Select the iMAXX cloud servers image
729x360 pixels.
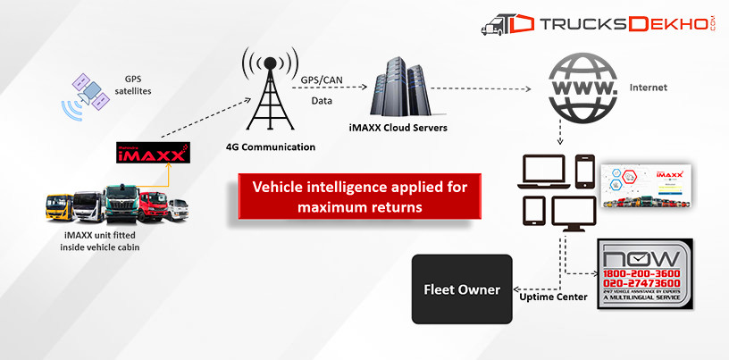(403, 87)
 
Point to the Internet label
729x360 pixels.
(649, 88)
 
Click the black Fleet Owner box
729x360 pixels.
(461, 289)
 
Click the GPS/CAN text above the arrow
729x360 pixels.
(321, 79)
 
